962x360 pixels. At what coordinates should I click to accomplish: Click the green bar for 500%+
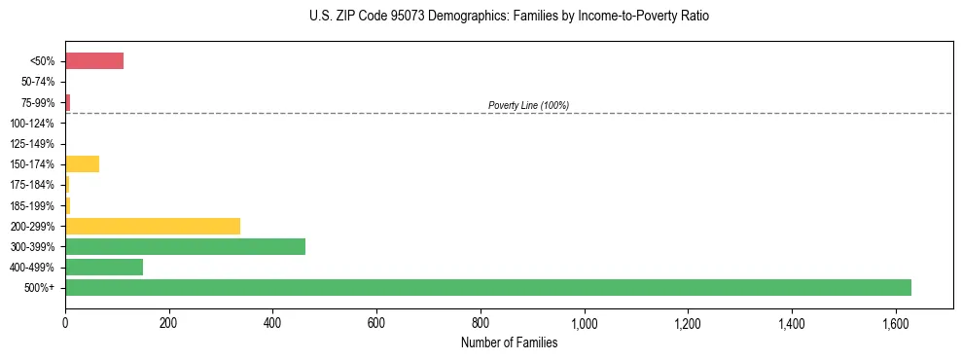(x=487, y=287)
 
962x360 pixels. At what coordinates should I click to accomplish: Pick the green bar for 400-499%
(x=104, y=267)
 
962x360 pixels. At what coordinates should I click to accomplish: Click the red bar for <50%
(x=94, y=61)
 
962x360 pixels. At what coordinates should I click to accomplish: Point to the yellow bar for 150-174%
(x=82, y=163)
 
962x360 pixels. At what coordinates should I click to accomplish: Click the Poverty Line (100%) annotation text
(x=528, y=105)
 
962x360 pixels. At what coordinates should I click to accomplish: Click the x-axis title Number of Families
(x=509, y=342)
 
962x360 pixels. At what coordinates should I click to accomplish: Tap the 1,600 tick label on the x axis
(x=895, y=323)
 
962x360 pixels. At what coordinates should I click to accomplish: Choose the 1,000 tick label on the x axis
(x=584, y=323)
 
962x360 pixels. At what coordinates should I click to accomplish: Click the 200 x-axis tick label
(x=168, y=323)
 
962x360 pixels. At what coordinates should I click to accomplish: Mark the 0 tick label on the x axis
(x=65, y=323)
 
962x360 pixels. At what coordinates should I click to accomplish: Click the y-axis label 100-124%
(x=32, y=124)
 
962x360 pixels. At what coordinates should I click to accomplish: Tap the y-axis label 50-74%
(x=37, y=83)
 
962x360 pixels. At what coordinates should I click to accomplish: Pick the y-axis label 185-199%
(x=32, y=205)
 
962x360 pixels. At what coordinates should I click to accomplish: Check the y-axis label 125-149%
(x=32, y=144)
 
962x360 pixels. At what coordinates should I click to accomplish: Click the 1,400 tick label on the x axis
(x=792, y=323)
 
